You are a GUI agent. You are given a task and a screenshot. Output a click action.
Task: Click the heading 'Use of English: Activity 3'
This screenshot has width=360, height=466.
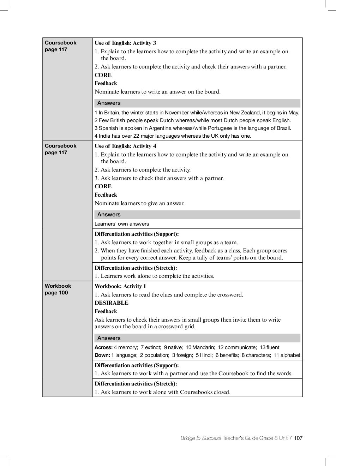click(125, 43)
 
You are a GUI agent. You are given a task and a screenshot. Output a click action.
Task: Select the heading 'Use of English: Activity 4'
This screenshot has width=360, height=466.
click(125, 146)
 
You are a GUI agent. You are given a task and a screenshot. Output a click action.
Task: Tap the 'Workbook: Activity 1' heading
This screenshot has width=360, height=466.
click(120, 286)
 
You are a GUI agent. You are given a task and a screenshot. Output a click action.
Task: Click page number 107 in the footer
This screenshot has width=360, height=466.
click(298, 438)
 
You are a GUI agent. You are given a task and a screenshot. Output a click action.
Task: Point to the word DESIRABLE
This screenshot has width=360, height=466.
click(112, 303)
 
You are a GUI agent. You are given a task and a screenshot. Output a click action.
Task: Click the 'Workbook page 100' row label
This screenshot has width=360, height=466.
click(58, 289)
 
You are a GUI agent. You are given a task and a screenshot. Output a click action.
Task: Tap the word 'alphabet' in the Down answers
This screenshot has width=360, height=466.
click(290, 355)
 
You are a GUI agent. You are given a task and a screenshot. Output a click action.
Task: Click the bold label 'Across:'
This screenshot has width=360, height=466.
click(103, 347)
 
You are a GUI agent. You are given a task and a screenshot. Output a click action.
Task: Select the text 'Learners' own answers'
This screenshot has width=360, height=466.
click(122, 224)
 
